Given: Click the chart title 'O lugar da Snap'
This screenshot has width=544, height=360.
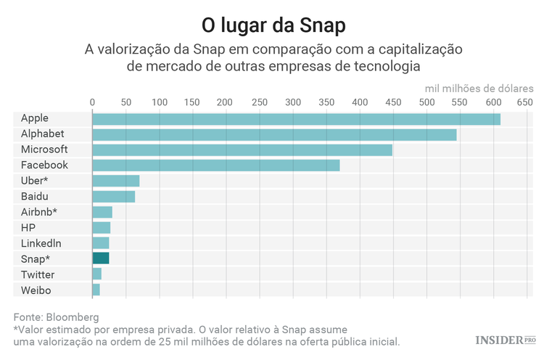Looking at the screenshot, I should point(273,25).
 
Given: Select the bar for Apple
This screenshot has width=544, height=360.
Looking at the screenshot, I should point(296,119).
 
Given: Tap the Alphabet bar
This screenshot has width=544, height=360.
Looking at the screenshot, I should point(274,134).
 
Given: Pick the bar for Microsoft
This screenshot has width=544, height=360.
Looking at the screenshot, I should point(242,150).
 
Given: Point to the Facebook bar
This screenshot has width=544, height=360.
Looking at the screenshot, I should point(216,165).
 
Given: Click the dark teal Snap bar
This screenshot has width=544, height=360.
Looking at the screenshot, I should point(101,258).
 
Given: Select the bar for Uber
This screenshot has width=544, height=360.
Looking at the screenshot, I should point(116,181).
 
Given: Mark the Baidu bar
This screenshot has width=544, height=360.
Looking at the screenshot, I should point(114,196).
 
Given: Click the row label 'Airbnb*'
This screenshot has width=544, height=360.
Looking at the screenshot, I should point(39,212).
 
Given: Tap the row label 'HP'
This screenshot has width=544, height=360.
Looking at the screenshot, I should point(28,227).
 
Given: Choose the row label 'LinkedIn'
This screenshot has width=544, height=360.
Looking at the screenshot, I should point(41,243).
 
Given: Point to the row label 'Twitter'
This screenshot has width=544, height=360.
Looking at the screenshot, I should point(38,274).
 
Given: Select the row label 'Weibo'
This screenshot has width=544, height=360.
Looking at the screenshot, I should point(36,290).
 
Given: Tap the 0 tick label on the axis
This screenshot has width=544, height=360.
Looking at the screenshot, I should point(92,102).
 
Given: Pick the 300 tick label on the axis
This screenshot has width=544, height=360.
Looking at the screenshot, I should point(292,102).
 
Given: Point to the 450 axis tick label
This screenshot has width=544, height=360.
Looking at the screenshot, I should point(393,102).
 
